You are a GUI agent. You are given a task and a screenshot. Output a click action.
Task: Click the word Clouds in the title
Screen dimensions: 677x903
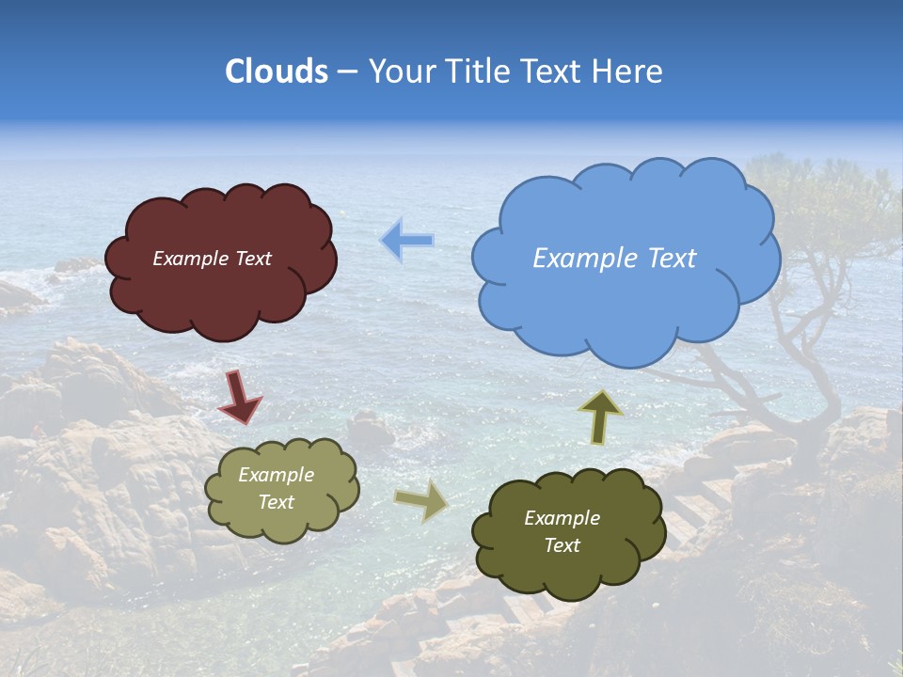point(277,71)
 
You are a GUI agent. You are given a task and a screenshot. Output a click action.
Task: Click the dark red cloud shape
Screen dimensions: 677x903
point(221,291)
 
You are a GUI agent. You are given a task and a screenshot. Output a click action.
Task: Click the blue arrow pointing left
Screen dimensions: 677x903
point(406,241)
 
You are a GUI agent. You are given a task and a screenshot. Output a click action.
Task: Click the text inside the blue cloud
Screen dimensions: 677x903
point(614,259)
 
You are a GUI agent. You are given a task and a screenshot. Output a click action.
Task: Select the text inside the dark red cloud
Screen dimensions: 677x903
point(212,259)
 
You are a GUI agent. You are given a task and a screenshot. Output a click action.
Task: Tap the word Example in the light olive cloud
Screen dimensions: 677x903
point(276,475)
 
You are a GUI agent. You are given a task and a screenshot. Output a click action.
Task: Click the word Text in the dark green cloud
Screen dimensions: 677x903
point(562,545)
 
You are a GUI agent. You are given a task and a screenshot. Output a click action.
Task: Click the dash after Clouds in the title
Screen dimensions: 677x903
point(347,72)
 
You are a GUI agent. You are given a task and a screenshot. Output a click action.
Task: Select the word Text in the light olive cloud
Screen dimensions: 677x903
point(276,502)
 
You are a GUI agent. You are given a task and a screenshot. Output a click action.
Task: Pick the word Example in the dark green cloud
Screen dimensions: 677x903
point(562,518)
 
